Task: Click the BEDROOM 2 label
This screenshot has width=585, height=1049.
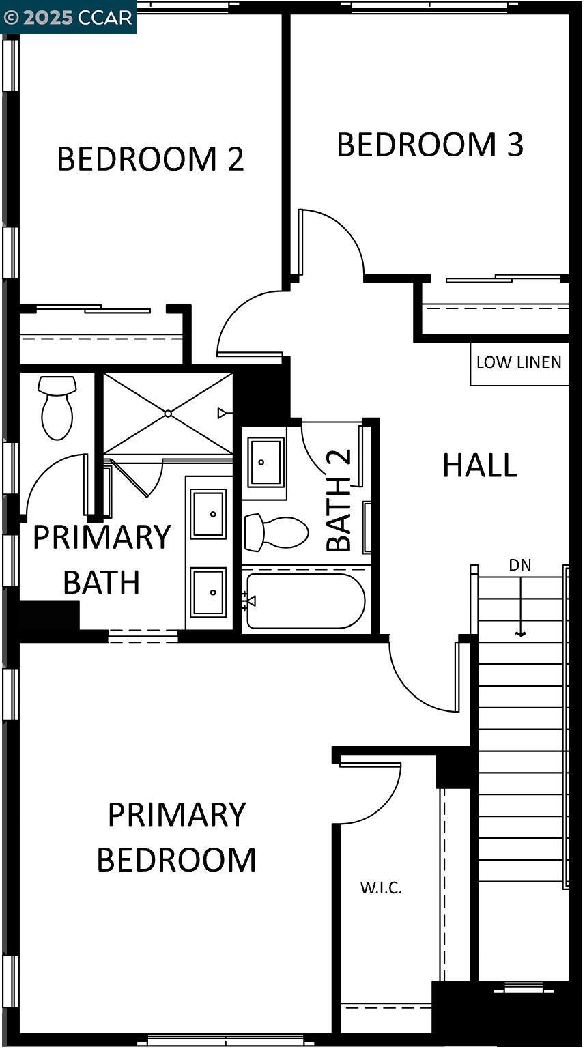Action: (x=150, y=159)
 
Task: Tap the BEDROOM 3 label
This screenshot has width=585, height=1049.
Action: (x=430, y=145)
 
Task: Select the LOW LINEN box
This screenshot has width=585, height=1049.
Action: (x=519, y=363)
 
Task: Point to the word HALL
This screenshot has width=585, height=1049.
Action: (x=480, y=465)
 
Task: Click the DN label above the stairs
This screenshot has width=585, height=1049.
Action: (x=519, y=565)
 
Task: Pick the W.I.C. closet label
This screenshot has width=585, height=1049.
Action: (x=381, y=888)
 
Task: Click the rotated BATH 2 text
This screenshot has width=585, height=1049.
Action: (x=339, y=500)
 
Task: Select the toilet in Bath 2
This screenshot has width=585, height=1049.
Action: (x=277, y=532)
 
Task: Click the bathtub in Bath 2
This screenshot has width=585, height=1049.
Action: (x=306, y=601)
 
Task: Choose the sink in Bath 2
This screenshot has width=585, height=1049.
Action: (x=265, y=462)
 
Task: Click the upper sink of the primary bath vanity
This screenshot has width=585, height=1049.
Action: (x=208, y=514)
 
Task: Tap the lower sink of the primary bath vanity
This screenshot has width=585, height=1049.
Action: (x=208, y=592)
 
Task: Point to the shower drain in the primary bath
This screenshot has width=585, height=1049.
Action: (x=168, y=414)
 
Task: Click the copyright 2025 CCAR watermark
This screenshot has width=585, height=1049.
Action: (x=68, y=17)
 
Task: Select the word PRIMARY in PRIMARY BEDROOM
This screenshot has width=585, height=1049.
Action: (x=177, y=815)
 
